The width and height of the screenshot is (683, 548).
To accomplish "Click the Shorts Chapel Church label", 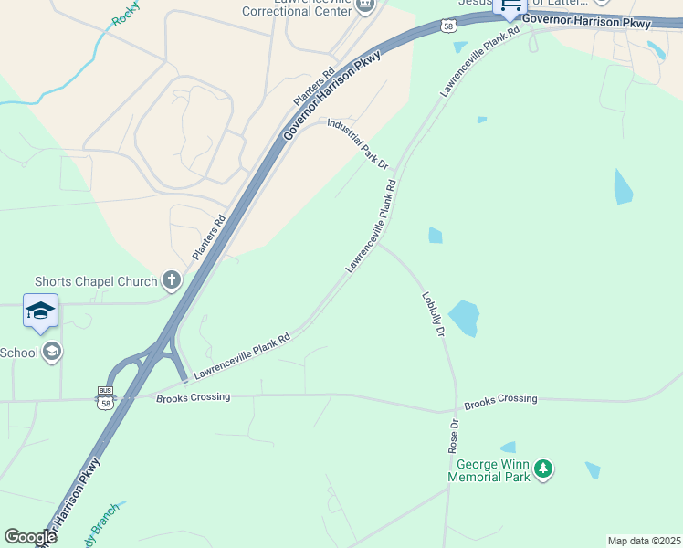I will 96,281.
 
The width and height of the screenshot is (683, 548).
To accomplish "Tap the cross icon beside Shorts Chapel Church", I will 170,279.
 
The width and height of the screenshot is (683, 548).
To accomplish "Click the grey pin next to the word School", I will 53,352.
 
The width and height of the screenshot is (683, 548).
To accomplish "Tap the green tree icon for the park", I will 543,469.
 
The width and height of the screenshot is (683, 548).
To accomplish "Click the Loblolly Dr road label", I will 433,314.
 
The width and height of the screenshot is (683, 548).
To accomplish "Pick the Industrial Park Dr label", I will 358,143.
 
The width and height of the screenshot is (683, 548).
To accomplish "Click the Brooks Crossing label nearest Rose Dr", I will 500,399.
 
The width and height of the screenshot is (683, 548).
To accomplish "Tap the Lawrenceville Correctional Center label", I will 297,7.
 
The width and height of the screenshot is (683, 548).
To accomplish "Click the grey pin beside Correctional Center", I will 365,5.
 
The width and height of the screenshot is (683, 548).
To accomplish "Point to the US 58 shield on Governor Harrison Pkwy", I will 447,26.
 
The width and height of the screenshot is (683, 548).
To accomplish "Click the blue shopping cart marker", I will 510,6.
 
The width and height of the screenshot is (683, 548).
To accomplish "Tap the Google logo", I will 30,536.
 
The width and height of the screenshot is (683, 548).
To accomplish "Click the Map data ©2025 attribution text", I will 643,541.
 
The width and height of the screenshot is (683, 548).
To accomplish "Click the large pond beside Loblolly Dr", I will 464,317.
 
